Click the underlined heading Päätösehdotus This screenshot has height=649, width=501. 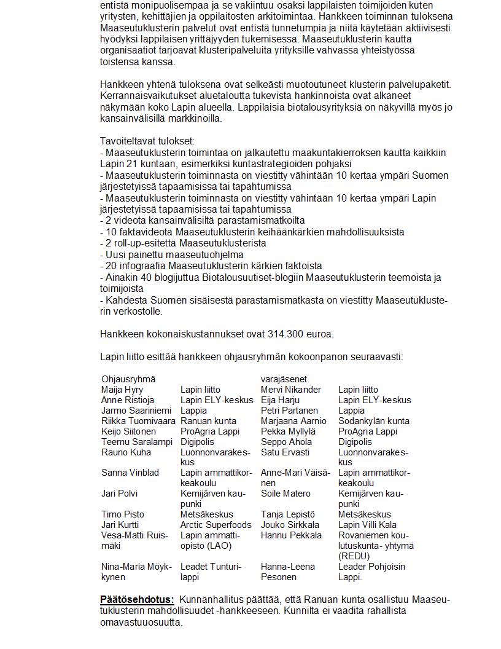(137, 600)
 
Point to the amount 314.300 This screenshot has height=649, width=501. (284, 334)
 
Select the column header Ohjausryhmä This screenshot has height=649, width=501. (128, 379)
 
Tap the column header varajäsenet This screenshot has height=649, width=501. (284, 379)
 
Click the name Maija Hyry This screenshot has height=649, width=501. (122, 390)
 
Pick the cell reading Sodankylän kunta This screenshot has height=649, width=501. (373, 421)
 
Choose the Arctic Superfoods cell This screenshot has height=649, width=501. (216, 525)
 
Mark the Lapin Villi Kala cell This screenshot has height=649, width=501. (367, 525)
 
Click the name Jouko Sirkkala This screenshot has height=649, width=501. (290, 525)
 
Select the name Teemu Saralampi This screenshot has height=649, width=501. (137, 442)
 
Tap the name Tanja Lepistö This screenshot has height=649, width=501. (287, 514)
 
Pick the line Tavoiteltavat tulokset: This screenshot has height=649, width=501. (147, 141)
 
